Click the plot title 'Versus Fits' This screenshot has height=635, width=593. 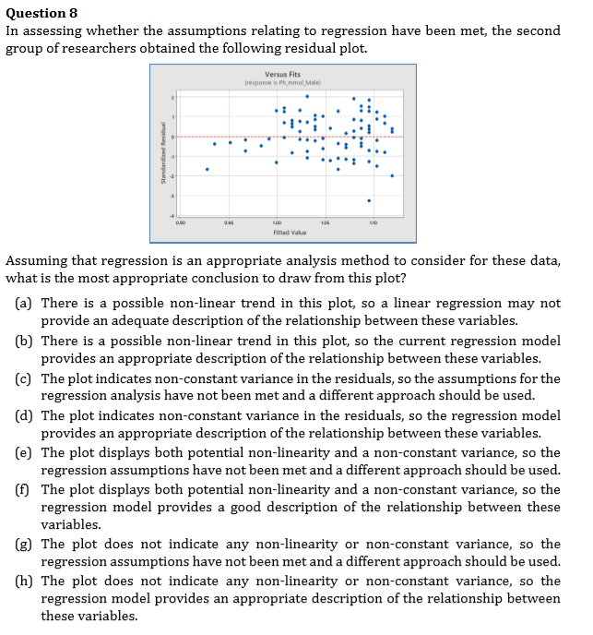click(x=281, y=74)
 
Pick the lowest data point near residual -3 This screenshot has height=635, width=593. click(x=369, y=200)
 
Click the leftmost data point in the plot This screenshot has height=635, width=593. click(x=207, y=169)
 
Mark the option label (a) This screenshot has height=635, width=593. click(x=26, y=304)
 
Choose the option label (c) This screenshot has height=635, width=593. click(x=26, y=378)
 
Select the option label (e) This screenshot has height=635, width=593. click(x=26, y=452)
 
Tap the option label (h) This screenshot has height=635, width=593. click(x=26, y=581)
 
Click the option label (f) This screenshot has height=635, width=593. click(x=26, y=489)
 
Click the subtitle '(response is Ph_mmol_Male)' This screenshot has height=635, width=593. click(x=281, y=82)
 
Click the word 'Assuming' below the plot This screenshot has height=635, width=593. click(x=35, y=260)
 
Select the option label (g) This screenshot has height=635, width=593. click(x=26, y=545)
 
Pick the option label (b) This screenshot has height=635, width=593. click(x=26, y=341)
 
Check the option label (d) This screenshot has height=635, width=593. click(x=26, y=415)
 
